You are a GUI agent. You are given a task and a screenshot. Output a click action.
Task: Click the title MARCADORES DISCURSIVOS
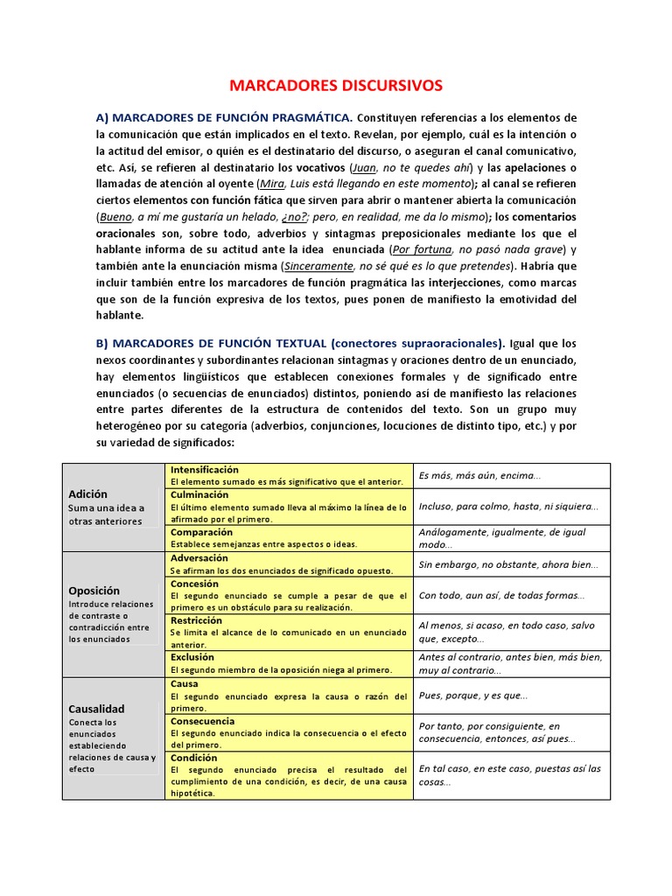tap(336, 86)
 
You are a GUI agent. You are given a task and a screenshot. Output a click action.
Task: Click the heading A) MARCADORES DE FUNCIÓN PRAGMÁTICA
tap(224, 117)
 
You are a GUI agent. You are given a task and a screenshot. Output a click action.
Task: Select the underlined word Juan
tap(364, 167)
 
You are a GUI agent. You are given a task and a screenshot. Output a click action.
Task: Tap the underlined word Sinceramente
tap(318, 266)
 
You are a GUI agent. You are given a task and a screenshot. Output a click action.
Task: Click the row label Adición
tap(87, 494)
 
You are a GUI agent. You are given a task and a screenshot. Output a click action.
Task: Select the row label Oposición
tap(94, 591)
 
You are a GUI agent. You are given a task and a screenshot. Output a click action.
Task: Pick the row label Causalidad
tap(96, 709)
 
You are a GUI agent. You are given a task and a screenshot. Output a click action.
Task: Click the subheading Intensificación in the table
tap(204, 470)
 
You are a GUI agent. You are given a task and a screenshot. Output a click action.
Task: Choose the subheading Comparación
tap(201, 532)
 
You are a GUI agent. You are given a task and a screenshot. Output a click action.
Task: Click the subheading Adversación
tap(199, 558)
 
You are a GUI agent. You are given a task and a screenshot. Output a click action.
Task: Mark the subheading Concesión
tap(195, 583)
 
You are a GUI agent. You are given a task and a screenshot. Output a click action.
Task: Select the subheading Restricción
tap(197, 619)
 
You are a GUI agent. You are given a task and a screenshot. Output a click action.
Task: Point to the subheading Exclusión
tap(192, 657)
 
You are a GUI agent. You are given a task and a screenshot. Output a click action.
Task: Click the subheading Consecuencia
tap(203, 721)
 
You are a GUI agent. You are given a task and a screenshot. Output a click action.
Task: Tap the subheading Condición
tap(194, 758)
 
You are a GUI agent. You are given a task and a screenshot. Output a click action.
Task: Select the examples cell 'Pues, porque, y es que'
tap(473, 696)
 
